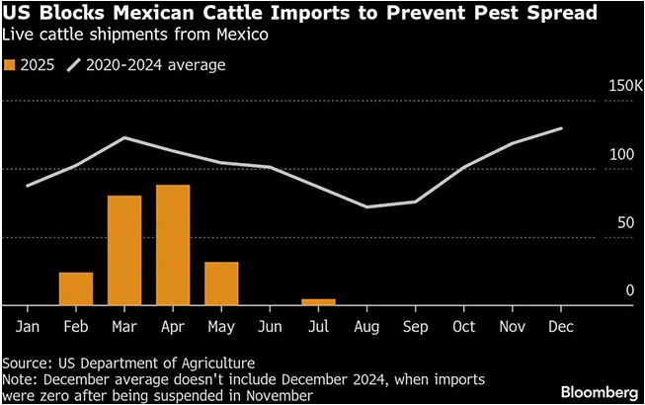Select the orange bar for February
[x=76, y=288]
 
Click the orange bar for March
[x=124, y=251]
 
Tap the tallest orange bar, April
[x=173, y=245]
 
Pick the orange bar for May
[x=221, y=283]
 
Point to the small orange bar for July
[x=318, y=301]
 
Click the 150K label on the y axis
[x=625, y=88]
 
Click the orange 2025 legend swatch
[x=10, y=65]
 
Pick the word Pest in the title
[x=466, y=14]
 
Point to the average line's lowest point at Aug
[x=366, y=206]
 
